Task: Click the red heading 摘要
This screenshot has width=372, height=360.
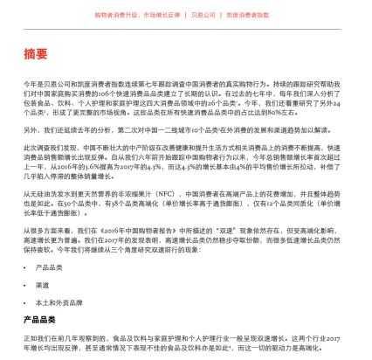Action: pyautogui.click(x=36, y=55)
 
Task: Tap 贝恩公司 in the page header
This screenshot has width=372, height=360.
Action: pyautogui.click(x=203, y=15)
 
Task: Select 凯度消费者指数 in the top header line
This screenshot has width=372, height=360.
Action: pyautogui.click(x=248, y=15)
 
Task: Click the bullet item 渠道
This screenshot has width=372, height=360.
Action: pyautogui.click(x=42, y=285)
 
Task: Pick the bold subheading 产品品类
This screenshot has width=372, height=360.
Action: pyautogui.click(x=39, y=320)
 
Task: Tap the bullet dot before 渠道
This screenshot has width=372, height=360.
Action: pyautogui.click(x=26, y=285)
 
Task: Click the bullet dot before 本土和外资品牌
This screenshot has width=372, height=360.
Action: pyautogui.click(x=26, y=302)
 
